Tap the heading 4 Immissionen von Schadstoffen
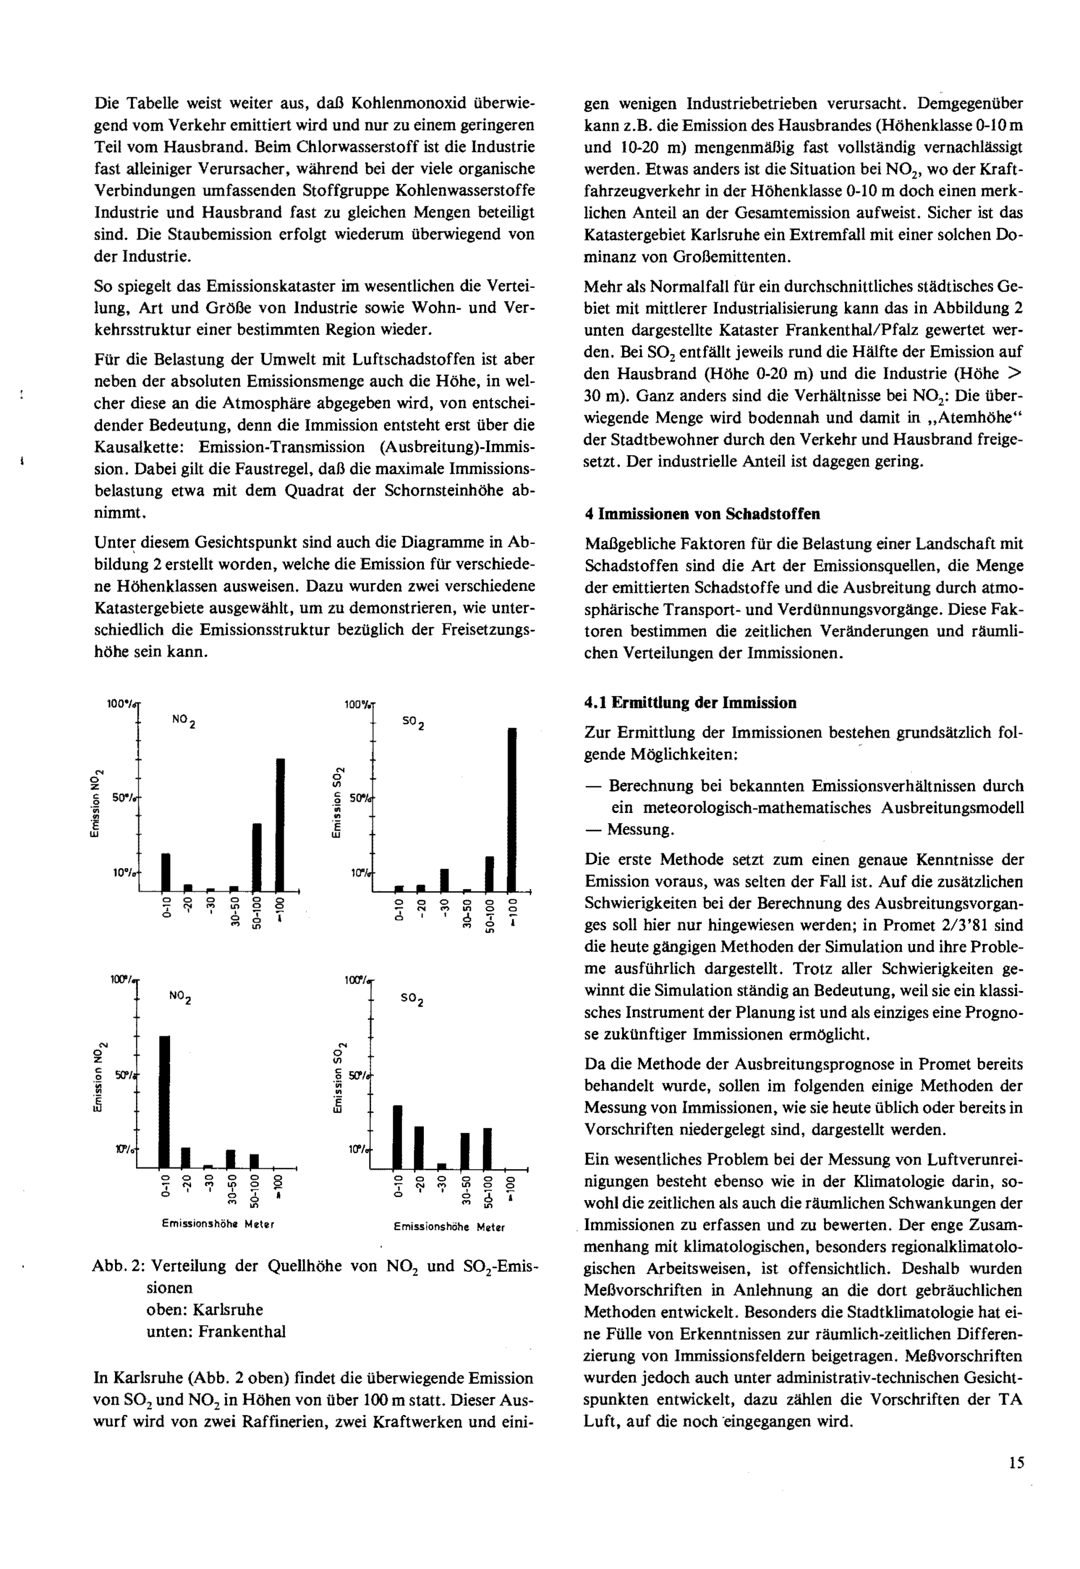tap(701, 514)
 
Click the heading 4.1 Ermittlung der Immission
tap(690, 703)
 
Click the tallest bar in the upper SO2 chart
tap(512, 809)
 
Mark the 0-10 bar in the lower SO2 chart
tap(398, 1136)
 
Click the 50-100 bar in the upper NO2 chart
tap(257, 857)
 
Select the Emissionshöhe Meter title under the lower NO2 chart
tap(217, 1224)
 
